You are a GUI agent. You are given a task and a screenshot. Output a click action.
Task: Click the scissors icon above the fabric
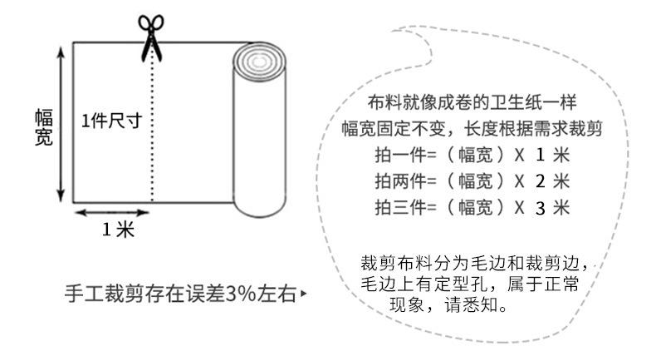point(150,34)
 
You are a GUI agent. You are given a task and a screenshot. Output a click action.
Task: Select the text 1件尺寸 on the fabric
point(110,120)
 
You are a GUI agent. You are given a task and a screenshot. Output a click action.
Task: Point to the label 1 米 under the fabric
point(118,230)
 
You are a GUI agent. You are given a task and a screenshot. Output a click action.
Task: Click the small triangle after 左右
point(305,294)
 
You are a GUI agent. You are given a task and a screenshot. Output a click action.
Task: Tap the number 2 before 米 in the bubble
point(540,182)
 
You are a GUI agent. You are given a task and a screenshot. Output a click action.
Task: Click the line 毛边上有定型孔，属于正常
point(469,284)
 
